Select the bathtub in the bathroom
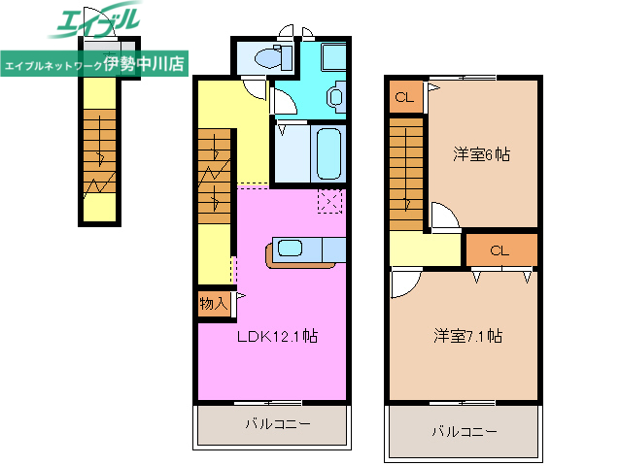coord(328,152)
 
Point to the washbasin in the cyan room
coord(335,96)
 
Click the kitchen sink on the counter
coord(291,248)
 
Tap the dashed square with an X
coord(330,201)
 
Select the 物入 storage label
coord(213,304)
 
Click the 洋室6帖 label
coord(482,153)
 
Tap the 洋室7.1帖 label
coord(467,336)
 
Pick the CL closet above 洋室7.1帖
coord(499,250)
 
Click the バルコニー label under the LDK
coord(277,424)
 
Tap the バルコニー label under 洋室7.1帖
coord(464,430)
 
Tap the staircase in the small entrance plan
coord(98,150)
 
